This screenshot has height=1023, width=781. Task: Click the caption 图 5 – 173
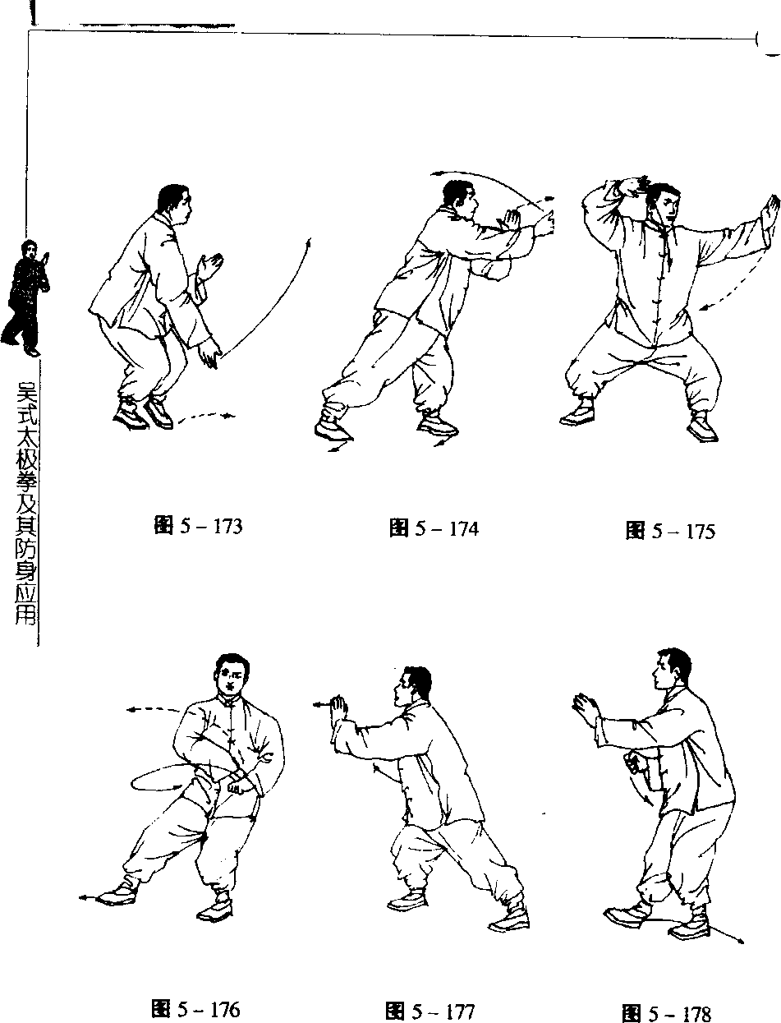[x=199, y=527]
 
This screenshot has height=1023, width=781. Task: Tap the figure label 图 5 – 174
[x=434, y=529]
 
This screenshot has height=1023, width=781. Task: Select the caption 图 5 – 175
[x=670, y=532]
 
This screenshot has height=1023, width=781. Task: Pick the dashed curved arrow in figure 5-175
[x=738, y=283]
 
